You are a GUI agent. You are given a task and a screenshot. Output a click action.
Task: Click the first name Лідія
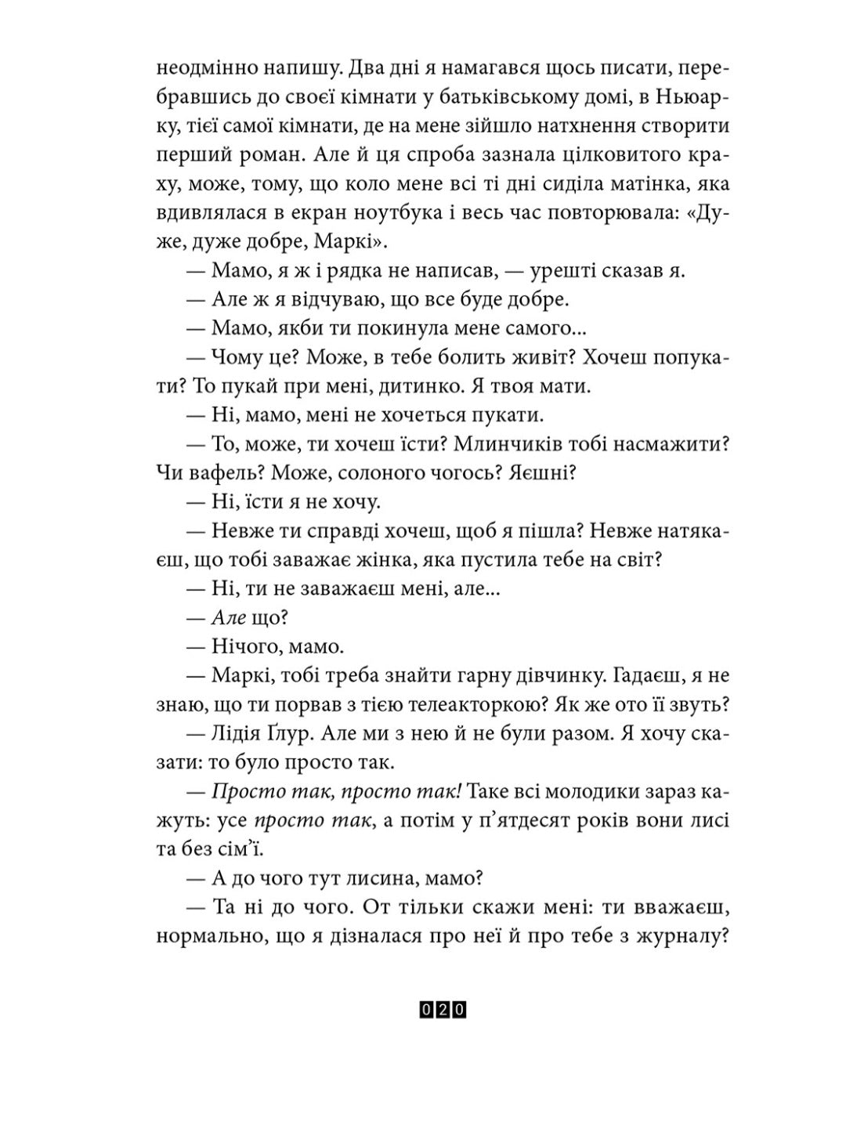click(x=240, y=733)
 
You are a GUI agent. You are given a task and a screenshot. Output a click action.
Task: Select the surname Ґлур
click(x=308, y=733)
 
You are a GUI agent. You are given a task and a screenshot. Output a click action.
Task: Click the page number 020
click(x=443, y=1010)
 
